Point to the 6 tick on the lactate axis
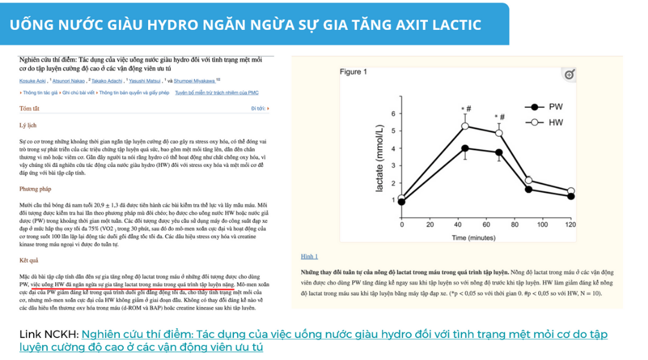393,113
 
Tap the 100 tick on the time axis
542,224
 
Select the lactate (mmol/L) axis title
379,160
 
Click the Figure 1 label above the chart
353,72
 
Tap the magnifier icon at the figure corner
569,74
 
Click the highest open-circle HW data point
465,126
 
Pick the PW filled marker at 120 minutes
571,196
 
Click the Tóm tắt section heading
29,109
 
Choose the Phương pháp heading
35,189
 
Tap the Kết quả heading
29,260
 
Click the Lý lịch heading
28,125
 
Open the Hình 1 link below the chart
309,256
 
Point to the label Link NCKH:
49,334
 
